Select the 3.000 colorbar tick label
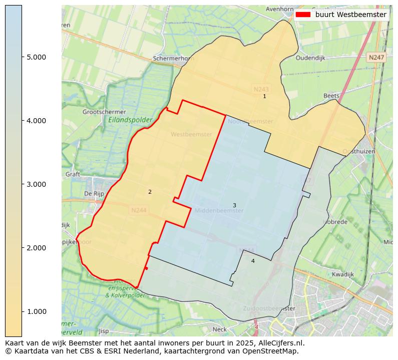pyautogui.click(x=36, y=184)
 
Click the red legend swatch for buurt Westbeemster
pyautogui.click(x=303, y=15)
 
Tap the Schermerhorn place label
pyautogui.click(x=173, y=58)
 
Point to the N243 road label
pyautogui.click(x=260, y=89)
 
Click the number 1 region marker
pyautogui.click(x=265, y=96)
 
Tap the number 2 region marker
pyautogui.click(x=150, y=192)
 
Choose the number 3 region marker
pyautogui.click(x=234, y=206)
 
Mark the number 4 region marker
pyautogui.click(x=253, y=261)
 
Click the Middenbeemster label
pyautogui.click(x=219, y=211)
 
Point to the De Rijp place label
pyautogui.click(x=94, y=193)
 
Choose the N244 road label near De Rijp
pyautogui.click(x=139, y=211)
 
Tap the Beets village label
pyautogui.click(x=331, y=96)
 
